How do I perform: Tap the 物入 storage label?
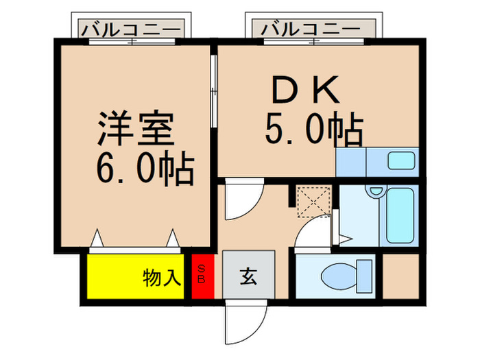(162, 278)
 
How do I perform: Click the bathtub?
(399, 215)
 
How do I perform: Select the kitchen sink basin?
(400, 161)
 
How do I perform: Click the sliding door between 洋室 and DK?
(213, 91)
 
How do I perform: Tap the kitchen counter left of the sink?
(350, 162)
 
